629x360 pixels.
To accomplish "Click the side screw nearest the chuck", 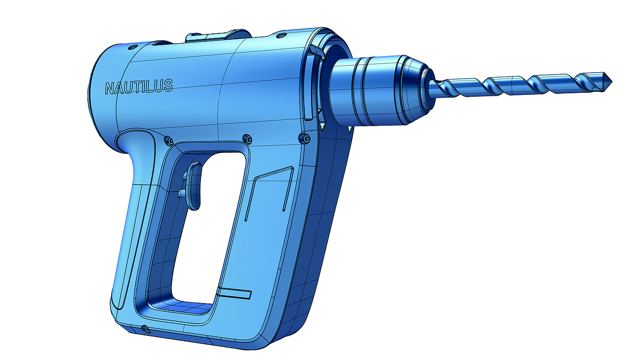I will (x=307, y=139).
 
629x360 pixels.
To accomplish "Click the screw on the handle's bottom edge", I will (x=144, y=328).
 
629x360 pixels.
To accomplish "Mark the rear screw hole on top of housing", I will (x=132, y=47).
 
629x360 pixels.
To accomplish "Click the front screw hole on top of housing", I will (x=281, y=36).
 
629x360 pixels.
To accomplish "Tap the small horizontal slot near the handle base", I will (x=234, y=294).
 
